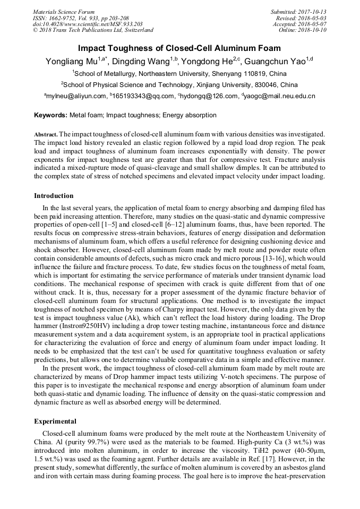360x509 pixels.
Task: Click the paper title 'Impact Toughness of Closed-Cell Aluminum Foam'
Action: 179,48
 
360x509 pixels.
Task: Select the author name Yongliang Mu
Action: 70,61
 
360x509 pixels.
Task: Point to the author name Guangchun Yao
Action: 275,61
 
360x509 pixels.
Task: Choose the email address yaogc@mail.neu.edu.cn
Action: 280,96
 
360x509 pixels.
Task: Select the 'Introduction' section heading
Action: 54,196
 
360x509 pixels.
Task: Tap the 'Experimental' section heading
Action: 55,421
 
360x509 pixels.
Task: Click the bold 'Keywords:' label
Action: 51,115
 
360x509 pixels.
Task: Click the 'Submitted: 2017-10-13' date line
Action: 299,12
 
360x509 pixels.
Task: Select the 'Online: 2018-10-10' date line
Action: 303,30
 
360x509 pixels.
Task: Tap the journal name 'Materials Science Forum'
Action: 64,12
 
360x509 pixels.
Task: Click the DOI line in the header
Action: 87,24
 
